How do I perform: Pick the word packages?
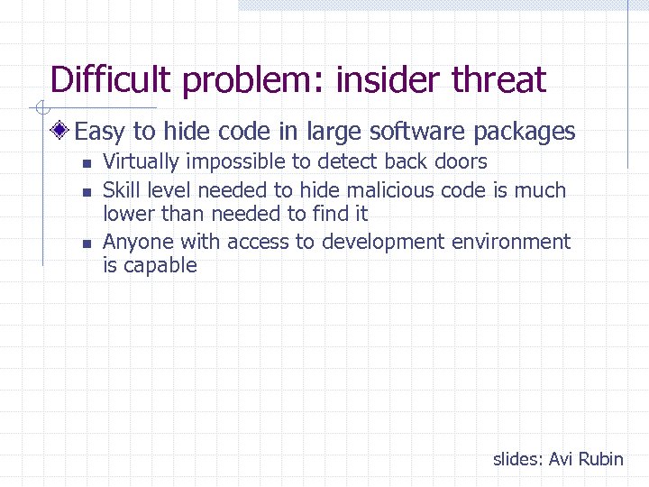click(524, 133)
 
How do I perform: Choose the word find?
click(330, 214)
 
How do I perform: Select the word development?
click(394, 242)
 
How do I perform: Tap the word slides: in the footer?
click(517, 459)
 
